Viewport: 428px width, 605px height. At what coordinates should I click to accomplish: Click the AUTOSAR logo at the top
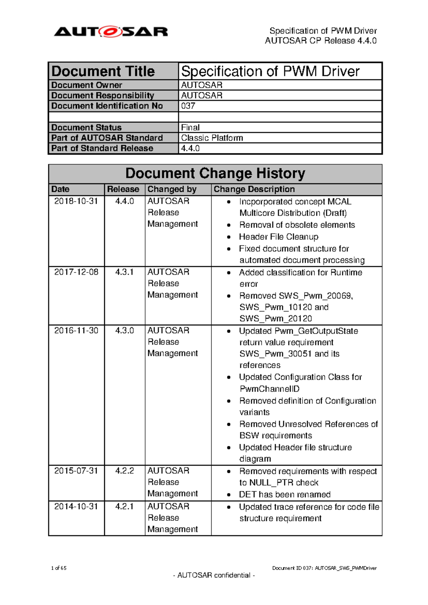[x=111, y=32]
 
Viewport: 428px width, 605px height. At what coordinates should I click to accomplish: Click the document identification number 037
[x=188, y=106]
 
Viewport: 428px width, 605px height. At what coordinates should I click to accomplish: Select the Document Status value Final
[x=190, y=128]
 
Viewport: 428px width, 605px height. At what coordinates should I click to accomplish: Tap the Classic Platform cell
[x=212, y=138]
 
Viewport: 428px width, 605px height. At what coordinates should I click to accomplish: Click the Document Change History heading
[x=215, y=174]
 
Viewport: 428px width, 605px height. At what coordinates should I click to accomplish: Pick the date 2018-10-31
[x=76, y=201]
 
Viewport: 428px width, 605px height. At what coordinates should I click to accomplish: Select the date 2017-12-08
[x=76, y=272]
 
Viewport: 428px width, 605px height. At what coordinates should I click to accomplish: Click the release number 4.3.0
[x=124, y=331]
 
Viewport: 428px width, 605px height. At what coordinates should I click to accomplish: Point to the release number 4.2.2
[x=124, y=471]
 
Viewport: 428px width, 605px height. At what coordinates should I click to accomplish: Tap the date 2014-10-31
[x=76, y=507]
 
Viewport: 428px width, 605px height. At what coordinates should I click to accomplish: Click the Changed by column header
[x=172, y=189]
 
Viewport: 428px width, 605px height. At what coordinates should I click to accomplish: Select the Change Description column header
[x=254, y=189]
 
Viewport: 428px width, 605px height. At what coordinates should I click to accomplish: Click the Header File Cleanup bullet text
[x=279, y=237]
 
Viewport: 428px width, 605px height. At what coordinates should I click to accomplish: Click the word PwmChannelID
[x=269, y=389]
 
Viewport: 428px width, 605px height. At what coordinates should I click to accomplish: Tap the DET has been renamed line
[x=285, y=495]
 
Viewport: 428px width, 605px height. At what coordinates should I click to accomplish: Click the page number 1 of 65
[x=59, y=568]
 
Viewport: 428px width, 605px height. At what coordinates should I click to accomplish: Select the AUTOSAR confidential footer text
[x=214, y=575]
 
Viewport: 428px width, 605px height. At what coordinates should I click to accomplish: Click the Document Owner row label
[x=87, y=85]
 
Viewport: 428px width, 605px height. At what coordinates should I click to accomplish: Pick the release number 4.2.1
[x=124, y=507]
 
